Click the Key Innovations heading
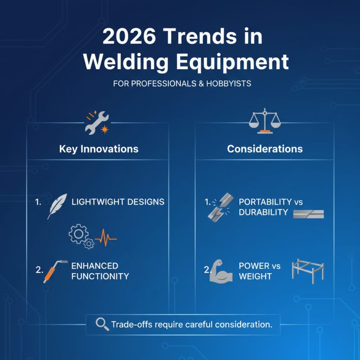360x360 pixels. [x=99, y=148]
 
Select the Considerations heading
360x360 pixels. [x=265, y=148]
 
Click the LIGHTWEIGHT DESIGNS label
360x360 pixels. [x=118, y=202]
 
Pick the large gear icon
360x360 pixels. [x=77, y=233]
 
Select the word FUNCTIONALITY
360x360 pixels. [x=100, y=276]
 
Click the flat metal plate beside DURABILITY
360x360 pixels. [x=308, y=214]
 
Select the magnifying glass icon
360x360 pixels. [x=102, y=324]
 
